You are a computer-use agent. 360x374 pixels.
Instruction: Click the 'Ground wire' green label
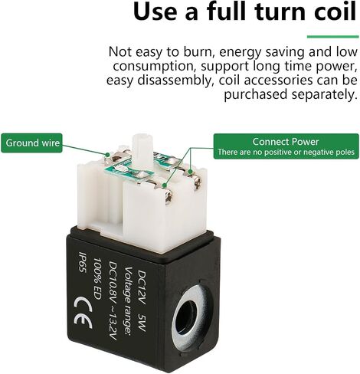point(31,143)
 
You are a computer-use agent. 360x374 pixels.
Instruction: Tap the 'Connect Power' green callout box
point(286,146)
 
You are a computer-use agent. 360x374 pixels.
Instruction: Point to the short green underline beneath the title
point(332,37)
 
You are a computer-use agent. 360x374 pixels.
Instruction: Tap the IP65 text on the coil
point(82,265)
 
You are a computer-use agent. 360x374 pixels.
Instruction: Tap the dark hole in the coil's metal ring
point(188,318)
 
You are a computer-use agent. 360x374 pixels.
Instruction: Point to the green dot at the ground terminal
point(108,154)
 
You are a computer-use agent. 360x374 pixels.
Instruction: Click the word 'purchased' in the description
point(256,95)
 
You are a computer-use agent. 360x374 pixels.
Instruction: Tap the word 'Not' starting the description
point(120,52)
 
